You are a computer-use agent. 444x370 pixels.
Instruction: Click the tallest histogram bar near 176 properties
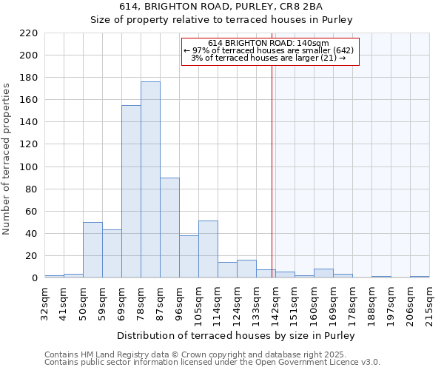point(150,180)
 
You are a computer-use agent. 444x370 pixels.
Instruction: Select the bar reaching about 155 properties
point(131,192)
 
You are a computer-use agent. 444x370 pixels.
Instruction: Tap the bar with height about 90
point(169,228)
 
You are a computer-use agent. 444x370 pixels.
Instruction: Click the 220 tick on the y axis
point(29,33)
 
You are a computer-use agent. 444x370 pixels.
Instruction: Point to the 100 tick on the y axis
point(29,167)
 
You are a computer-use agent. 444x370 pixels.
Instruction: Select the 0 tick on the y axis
point(34,278)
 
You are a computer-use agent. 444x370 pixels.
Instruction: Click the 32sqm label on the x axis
point(44,300)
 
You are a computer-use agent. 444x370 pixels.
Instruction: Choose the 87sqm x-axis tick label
point(160,300)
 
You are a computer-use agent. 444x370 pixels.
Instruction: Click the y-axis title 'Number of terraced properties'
point(7,159)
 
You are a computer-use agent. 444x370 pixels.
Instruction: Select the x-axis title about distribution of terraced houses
point(236,335)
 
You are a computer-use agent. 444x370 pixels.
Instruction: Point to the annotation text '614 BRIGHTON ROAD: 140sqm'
point(269,43)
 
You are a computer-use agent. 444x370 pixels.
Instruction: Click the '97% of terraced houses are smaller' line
point(269,50)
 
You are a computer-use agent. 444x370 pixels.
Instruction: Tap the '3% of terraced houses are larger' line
point(269,58)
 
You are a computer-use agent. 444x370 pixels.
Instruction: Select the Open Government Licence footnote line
point(212,362)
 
